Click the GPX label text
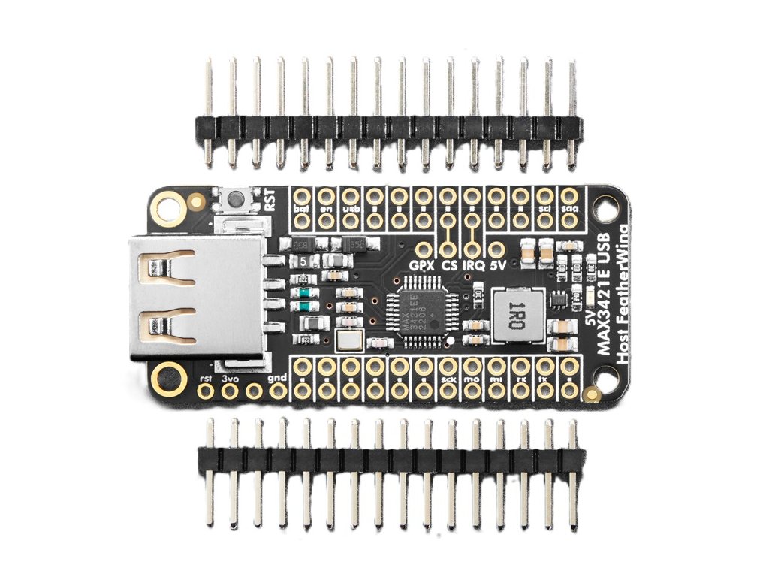coord(423,265)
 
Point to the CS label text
coord(449,265)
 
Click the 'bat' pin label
coord(302,207)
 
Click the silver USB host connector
coord(197,296)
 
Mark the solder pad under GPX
coord(424,249)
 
